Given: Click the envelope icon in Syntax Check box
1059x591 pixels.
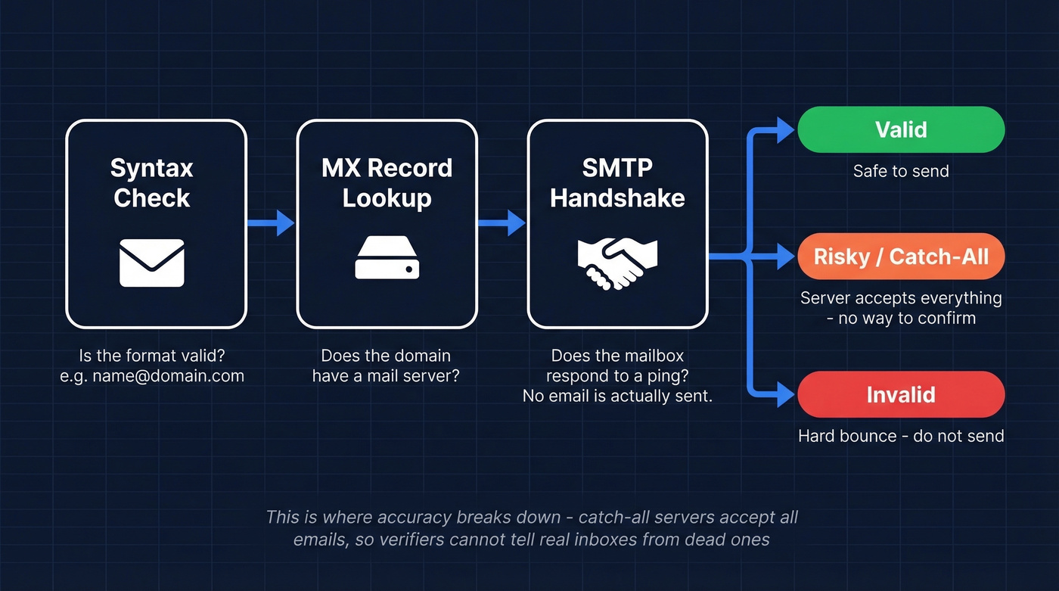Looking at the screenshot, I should pos(152,263).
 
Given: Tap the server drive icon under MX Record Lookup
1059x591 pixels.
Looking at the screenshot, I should pos(387,257).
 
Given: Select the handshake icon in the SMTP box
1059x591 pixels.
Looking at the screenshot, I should pos(617,263).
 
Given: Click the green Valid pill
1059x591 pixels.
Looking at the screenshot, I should pos(900,129).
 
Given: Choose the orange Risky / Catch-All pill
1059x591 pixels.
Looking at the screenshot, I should pos(900,257).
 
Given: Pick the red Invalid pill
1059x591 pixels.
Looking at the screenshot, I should pos(900,394).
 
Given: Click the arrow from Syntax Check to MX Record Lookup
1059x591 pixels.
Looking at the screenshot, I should pos(271,222).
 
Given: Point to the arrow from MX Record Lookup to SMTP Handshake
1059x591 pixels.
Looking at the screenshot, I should pos(502,222).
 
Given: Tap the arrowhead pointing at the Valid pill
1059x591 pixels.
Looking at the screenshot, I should pos(787,129).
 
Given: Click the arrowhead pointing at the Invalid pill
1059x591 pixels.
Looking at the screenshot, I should pos(787,394).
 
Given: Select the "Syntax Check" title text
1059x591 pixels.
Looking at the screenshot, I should pos(152,182).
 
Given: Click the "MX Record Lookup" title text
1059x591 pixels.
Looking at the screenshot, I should pos(387,182).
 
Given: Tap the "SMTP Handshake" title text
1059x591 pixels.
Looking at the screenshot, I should pos(617,182).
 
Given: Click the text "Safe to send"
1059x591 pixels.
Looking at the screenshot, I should pos(900,171).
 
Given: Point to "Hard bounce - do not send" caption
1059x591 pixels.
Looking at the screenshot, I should pos(900,436).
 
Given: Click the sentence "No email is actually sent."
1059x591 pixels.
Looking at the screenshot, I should pos(617,395).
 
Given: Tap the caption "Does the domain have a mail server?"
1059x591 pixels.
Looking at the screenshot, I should pos(386,365).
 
